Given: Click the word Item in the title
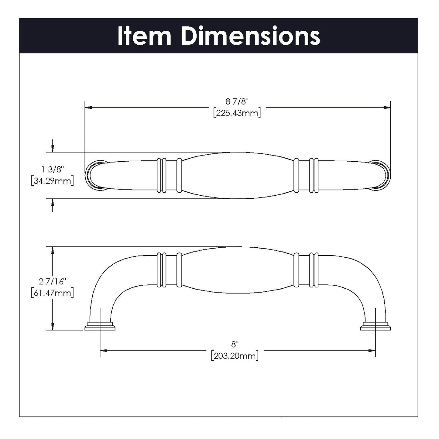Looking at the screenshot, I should [x=144, y=36].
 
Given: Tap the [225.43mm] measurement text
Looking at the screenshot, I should [x=237, y=113].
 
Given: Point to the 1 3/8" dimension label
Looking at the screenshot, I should [x=52, y=169].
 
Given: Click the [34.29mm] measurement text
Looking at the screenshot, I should [x=52, y=181].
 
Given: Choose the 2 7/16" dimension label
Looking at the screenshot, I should [x=52, y=282].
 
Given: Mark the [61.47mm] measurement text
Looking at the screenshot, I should [x=52, y=293].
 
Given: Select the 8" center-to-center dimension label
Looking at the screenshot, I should [x=235, y=344].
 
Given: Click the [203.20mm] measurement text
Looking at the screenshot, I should [x=235, y=356].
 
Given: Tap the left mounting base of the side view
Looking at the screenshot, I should [x=100, y=326].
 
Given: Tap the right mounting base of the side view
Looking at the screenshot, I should [x=376, y=326].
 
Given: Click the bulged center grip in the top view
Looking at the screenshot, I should [x=238, y=175].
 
